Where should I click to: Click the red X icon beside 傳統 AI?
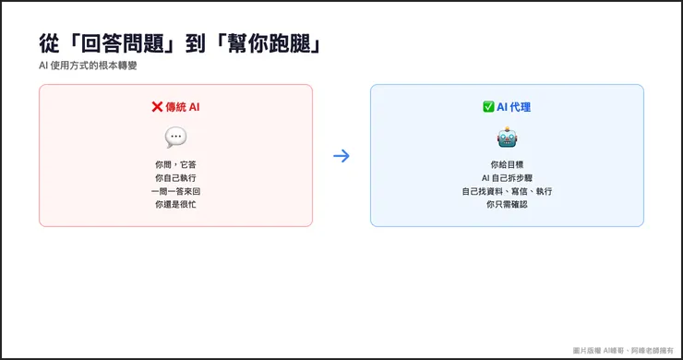click(157, 107)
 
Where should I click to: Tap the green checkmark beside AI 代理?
click(488, 107)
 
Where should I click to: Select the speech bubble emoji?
click(175, 138)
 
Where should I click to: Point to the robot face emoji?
click(507, 138)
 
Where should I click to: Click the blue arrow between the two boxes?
click(341, 155)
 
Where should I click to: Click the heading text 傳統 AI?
click(182, 107)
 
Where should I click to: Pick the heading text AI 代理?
click(514, 107)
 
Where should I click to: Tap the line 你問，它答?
click(175, 164)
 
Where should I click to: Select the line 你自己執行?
click(175, 177)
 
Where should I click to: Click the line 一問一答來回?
click(175, 190)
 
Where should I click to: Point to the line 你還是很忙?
click(175, 203)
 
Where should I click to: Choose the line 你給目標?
click(507, 164)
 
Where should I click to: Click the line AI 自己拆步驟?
click(507, 177)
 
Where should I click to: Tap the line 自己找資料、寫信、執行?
click(507, 190)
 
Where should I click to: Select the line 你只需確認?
click(507, 203)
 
